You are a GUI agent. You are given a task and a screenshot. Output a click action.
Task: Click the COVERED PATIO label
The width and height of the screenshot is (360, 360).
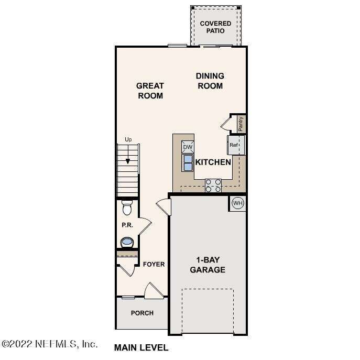pyautogui.click(x=215, y=27)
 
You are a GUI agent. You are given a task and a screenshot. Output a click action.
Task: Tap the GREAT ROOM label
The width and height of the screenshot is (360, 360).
pyautogui.click(x=150, y=91)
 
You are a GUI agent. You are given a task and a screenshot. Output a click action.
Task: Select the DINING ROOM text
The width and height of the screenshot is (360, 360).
pyautogui.click(x=210, y=81)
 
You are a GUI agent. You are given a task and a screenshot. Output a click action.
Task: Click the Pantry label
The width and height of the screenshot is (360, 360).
pyautogui.click(x=241, y=124)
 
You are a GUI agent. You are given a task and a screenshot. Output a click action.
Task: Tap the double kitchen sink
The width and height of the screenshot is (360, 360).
pyautogui.click(x=188, y=163)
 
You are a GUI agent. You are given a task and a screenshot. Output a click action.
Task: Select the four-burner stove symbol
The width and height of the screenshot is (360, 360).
pyautogui.click(x=213, y=185)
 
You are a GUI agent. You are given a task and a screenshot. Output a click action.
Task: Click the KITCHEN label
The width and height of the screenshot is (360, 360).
pyautogui.click(x=213, y=162)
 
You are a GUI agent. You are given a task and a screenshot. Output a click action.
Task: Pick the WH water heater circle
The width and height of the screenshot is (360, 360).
pyautogui.click(x=237, y=203)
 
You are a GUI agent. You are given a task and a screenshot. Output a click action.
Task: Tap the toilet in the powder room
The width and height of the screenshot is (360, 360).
pyautogui.click(x=127, y=208)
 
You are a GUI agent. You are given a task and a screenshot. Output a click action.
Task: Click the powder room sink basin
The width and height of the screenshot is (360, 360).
pyautogui.click(x=127, y=242)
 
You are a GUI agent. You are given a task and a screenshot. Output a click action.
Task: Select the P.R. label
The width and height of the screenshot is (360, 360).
pyautogui.click(x=127, y=225)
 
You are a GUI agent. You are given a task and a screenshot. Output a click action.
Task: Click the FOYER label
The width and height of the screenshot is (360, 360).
pyautogui.click(x=154, y=264)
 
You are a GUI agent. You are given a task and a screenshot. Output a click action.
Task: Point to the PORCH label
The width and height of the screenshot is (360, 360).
pyautogui.click(x=142, y=313)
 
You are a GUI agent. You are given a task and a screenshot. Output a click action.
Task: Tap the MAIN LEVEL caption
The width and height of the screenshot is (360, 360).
pyautogui.click(x=141, y=347)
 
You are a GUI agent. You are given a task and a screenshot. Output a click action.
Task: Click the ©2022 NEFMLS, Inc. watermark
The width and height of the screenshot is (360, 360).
pyautogui.click(x=50, y=344)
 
